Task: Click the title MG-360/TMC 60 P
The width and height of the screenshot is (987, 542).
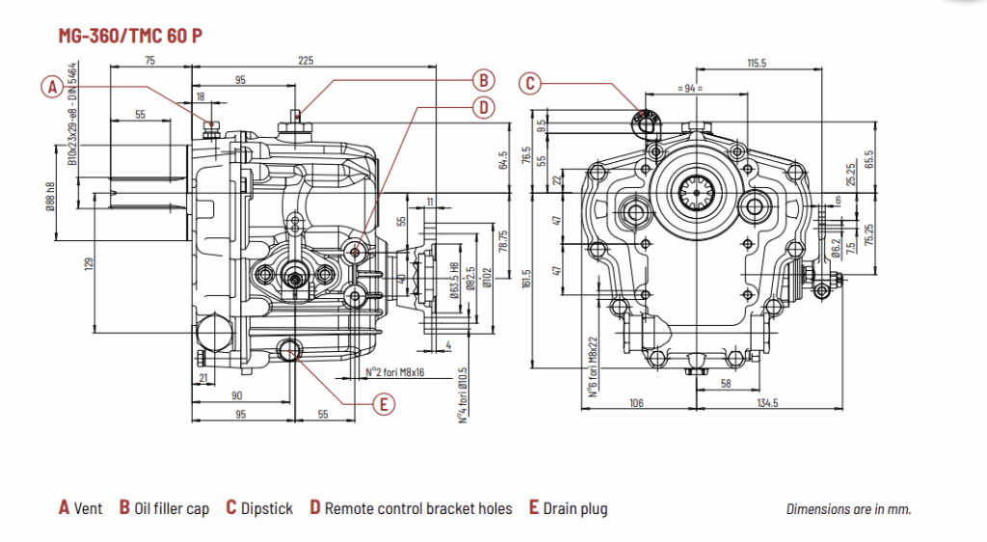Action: pos(130,37)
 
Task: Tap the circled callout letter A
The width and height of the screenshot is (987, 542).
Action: pos(53,88)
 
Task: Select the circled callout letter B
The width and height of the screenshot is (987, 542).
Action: pos(483,80)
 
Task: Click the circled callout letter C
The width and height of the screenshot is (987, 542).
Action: pos(529,83)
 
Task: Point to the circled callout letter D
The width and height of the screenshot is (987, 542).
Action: pos(483,107)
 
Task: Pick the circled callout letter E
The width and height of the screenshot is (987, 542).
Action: pos(384,404)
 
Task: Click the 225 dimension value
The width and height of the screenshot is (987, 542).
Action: pos(306,61)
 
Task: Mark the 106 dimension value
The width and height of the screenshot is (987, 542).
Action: pos(635,402)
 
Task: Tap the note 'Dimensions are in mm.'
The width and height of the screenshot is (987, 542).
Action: pos(848,509)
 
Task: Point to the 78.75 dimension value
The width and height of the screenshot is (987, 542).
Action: pos(502,240)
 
